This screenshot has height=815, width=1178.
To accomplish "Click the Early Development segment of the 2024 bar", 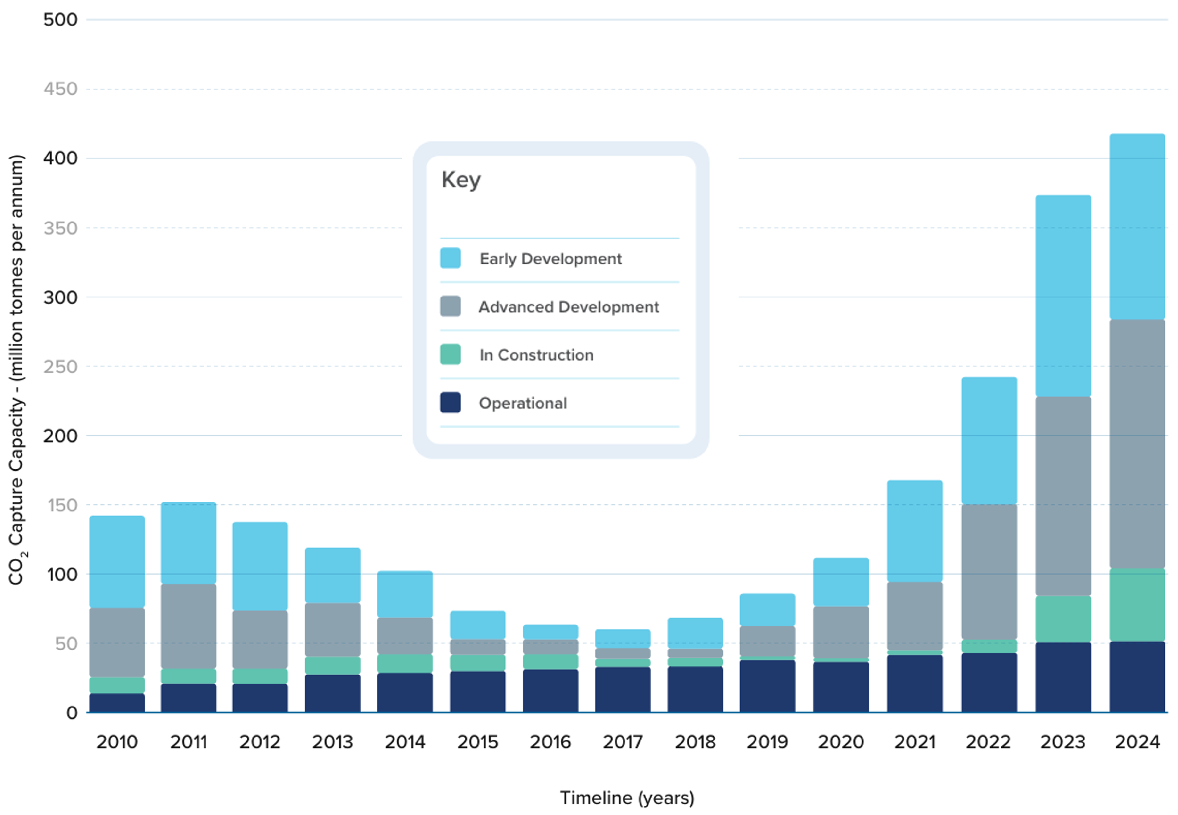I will coord(1137,227).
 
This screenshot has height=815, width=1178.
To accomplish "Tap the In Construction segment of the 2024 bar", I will coord(1137,605).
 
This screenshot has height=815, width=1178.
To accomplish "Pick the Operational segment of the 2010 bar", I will coord(117,703).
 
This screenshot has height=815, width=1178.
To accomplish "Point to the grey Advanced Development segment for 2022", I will coord(989,572).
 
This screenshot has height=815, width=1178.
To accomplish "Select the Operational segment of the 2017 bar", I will coord(623,689).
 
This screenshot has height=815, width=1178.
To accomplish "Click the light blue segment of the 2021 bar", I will coord(914,531).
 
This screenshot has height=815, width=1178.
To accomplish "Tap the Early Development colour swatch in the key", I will coord(450,258).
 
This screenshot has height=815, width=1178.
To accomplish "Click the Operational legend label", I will coord(523,403).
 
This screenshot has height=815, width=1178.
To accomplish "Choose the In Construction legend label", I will coord(537,355).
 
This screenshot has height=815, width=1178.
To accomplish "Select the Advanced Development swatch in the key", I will coord(450,306).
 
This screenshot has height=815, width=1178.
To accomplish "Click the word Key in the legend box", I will coord(461,180).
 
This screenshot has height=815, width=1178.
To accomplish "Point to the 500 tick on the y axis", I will coord(60,20).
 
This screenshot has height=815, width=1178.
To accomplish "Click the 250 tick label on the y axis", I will coord(60,367).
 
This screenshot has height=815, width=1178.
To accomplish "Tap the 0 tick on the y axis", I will coord(72,713).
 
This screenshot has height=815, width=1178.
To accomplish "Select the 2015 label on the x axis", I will coord(477,742).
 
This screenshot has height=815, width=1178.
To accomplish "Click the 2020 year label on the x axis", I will coord(840,742).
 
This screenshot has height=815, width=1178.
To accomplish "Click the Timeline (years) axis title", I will coord(627,797).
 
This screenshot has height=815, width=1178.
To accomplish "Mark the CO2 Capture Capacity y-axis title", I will coord(16,370).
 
